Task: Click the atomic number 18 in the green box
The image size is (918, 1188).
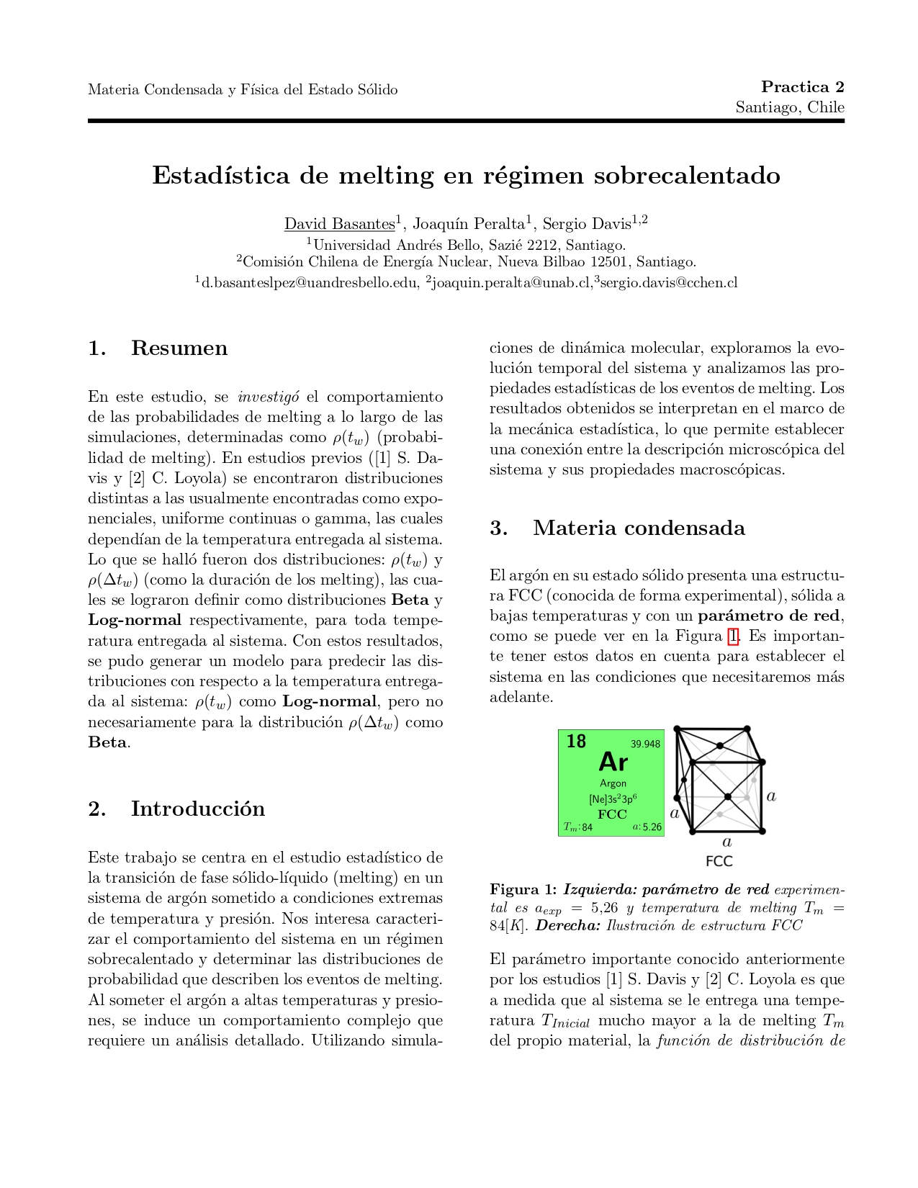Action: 576,741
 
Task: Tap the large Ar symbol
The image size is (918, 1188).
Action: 613,762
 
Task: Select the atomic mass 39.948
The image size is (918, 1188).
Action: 645,744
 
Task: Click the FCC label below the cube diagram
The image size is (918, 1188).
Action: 719,861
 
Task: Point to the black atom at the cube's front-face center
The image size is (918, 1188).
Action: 728,796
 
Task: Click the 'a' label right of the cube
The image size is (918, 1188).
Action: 771,796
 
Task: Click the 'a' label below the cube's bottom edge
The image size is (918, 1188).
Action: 726,841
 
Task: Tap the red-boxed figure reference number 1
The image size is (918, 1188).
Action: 733,636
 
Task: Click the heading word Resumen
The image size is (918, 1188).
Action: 179,348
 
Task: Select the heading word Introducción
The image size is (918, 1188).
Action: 197,809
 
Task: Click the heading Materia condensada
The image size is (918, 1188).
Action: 639,528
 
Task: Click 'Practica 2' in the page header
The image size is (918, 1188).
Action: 802,87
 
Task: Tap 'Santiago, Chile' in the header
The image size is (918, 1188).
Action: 789,107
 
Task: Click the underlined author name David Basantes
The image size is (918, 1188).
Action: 339,224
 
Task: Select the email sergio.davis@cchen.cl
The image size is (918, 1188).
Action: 668,283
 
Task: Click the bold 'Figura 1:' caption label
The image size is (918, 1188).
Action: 523,889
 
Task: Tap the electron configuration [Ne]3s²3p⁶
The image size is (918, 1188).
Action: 612,798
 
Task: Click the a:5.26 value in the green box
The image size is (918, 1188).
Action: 647,827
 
